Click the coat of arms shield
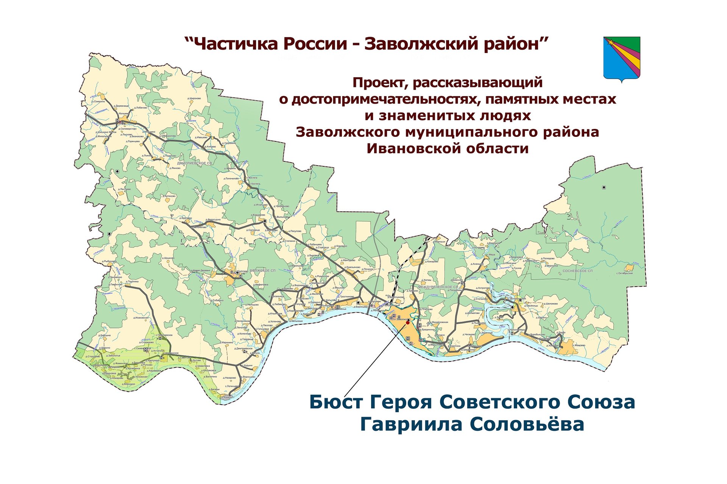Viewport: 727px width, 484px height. (621, 57)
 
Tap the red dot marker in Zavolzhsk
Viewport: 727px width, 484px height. (407, 323)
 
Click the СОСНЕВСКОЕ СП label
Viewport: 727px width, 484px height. (577, 271)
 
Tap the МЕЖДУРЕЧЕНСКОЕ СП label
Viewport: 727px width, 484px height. (438, 287)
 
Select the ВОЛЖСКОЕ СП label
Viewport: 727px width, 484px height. (263, 271)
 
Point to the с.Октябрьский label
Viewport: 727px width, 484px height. (624, 273)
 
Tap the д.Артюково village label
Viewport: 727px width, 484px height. (169, 196)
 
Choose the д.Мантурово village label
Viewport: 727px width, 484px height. (348, 260)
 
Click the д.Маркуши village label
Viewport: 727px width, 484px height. (440, 241)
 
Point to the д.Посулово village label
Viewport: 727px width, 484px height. (295, 231)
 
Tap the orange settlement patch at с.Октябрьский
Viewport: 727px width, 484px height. (629, 268)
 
